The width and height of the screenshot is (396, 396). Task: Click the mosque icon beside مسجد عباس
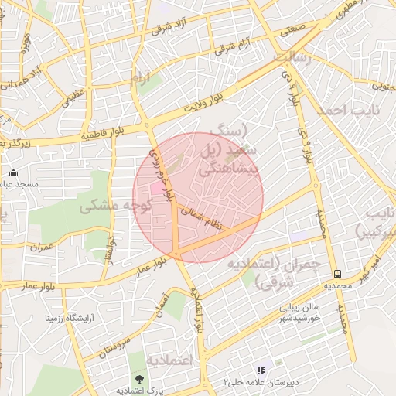tap(13, 172)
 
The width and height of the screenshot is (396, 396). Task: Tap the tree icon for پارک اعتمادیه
tap(139, 379)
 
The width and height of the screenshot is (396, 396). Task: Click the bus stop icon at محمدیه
tap(337, 274)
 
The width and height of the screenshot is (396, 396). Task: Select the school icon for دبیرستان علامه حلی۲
tap(261, 371)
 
